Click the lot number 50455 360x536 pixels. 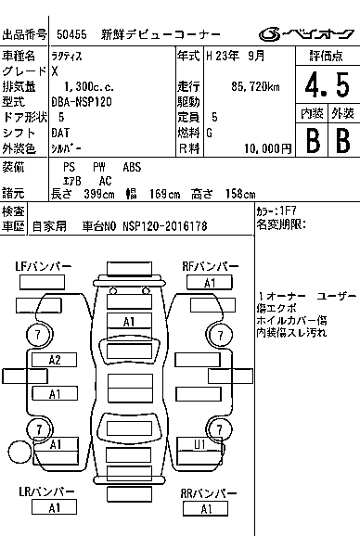click(x=71, y=34)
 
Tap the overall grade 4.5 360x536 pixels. click(x=328, y=84)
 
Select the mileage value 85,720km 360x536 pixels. click(x=255, y=87)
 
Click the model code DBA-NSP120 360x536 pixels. click(x=82, y=102)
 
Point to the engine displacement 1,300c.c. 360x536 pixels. click(x=89, y=87)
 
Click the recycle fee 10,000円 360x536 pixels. click(x=268, y=148)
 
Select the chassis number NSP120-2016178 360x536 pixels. click(x=165, y=226)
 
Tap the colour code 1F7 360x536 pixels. click(x=288, y=211)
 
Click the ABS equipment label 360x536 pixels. click(x=132, y=167)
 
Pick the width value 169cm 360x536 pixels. click(x=164, y=194)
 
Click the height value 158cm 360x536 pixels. click(x=240, y=194)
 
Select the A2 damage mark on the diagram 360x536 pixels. click(x=55, y=360)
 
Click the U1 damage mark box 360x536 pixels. click(x=199, y=444)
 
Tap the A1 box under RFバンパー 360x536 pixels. click(x=210, y=283)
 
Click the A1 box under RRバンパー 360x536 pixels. click(x=205, y=509)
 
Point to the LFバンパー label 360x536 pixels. click(x=44, y=266)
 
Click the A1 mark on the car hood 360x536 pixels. click(x=129, y=322)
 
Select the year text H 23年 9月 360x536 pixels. click(x=235, y=56)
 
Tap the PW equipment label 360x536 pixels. click(x=98, y=167)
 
